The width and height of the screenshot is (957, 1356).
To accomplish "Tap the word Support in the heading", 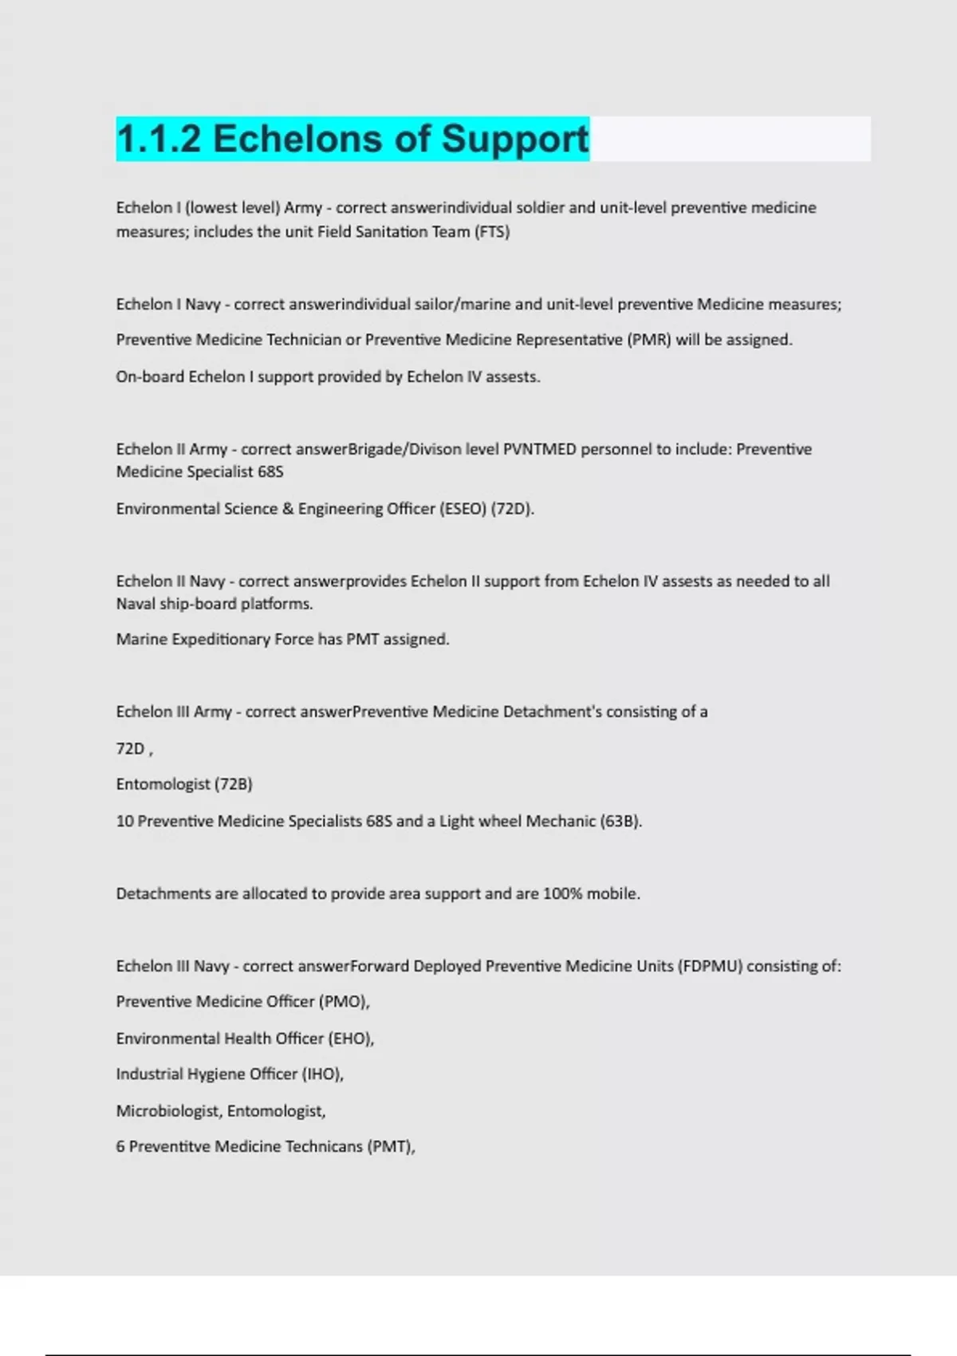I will (515, 139).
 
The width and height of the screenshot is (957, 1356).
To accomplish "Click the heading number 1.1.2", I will (159, 139).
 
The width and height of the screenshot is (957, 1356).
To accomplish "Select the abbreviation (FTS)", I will (491, 232).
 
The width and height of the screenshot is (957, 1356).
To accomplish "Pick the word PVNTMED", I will (539, 449).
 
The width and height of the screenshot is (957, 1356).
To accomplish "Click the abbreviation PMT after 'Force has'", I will (362, 640).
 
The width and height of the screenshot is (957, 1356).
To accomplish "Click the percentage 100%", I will (562, 893).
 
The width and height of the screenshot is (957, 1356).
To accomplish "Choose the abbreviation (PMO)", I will (345, 1002).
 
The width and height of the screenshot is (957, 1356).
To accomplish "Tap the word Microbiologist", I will (168, 1110).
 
